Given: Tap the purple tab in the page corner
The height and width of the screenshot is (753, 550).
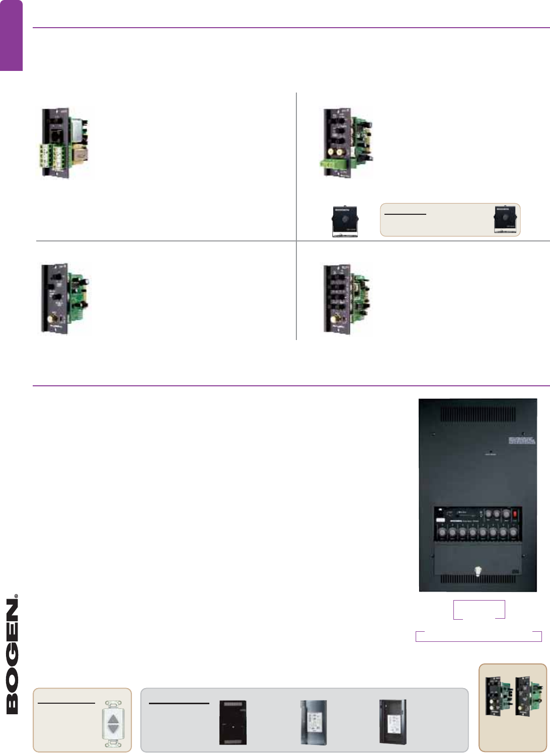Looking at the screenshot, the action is pos(11,35).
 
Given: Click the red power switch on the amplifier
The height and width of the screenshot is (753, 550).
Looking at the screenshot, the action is pos(515,515).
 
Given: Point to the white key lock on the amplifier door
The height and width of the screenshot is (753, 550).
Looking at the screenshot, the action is pos(477,571).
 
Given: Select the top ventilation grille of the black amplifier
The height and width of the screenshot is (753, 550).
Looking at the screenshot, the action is pos(478,414).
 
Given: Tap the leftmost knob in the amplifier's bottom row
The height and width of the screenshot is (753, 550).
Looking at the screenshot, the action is pos(442,532).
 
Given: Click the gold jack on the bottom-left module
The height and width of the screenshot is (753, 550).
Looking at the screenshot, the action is pos(52,318).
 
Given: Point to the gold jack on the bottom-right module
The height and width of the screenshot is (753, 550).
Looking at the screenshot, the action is pos(335,318).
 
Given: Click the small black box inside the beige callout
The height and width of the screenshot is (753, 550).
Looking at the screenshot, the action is pos(505,219).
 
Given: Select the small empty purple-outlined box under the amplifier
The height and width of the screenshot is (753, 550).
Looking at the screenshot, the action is pos(479,636).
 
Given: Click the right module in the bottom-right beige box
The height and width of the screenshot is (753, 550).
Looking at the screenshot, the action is pos(529,697).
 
